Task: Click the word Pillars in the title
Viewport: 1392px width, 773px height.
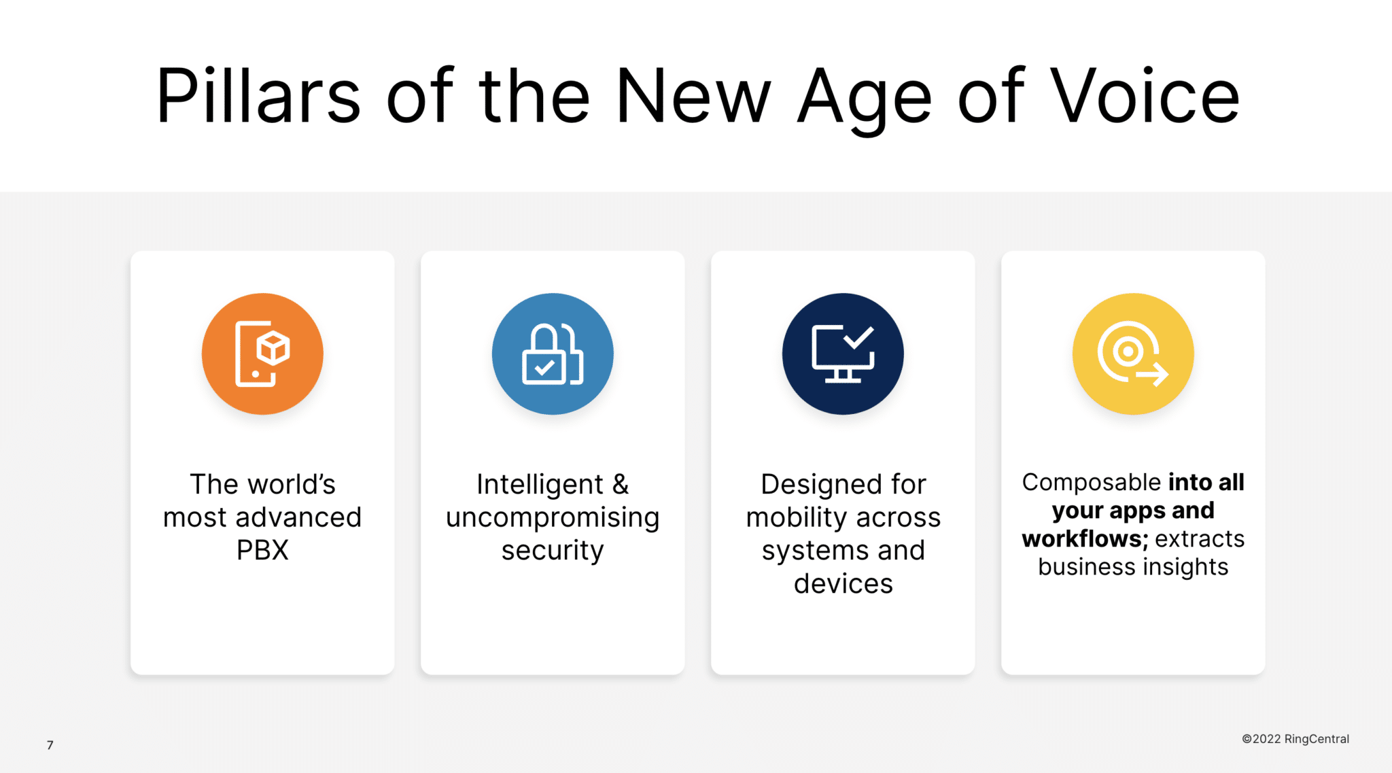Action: click(x=258, y=96)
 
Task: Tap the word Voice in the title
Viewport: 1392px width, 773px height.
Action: click(x=1145, y=96)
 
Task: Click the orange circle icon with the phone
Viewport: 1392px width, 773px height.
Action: click(x=262, y=354)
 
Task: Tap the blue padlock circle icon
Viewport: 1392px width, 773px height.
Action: click(x=553, y=354)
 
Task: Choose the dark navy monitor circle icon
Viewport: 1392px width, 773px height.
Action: click(x=843, y=354)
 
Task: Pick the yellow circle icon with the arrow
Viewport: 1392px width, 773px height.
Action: click(x=1133, y=354)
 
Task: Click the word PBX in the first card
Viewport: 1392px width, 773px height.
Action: click(x=262, y=550)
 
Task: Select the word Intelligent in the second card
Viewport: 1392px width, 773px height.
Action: click(x=540, y=485)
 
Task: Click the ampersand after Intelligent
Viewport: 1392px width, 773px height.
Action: click(x=621, y=485)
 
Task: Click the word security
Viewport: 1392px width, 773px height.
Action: click(x=553, y=551)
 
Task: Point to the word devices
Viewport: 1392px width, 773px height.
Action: click(x=843, y=583)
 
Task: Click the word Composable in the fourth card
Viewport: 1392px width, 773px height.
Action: click(x=1092, y=483)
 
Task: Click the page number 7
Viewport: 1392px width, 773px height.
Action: click(x=50, y=745)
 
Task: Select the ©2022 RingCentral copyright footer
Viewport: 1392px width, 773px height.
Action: click(x=1295, y=739)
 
